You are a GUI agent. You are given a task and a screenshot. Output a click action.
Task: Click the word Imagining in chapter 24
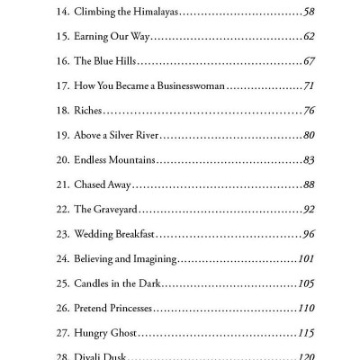click(150, 259)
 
